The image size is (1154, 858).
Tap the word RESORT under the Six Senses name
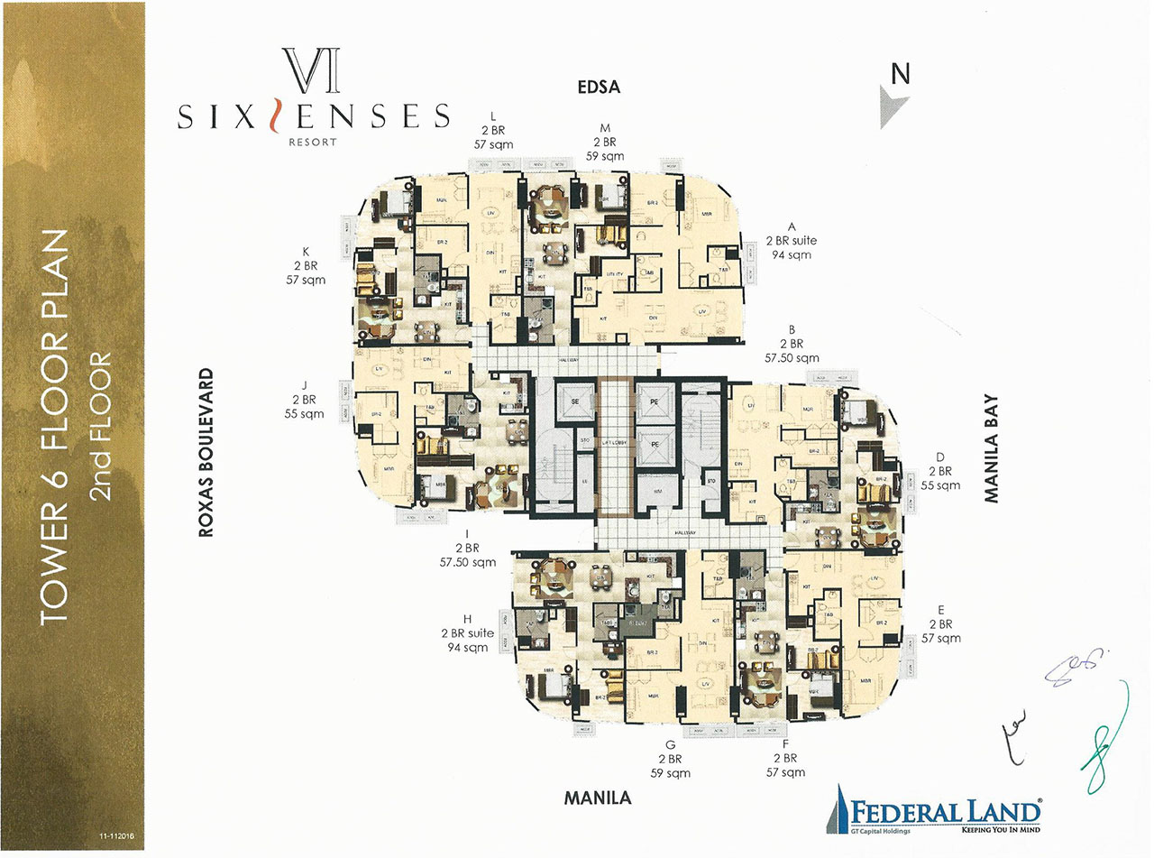[x=314, y=142]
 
